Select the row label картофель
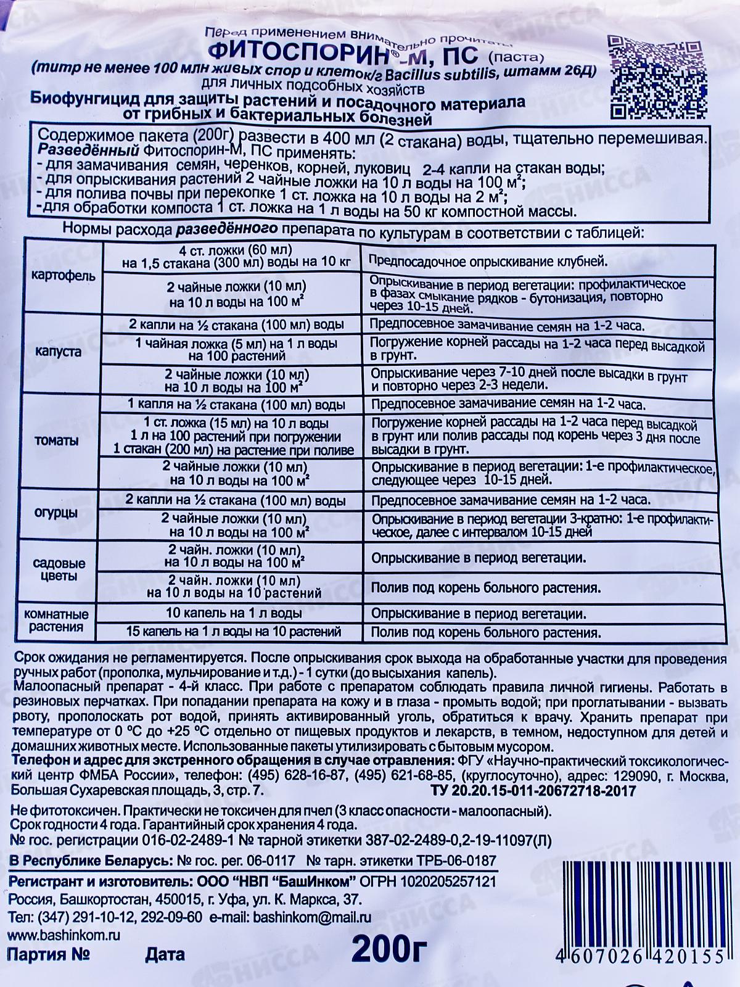[x=64, y=276]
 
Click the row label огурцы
[x=60, y=513]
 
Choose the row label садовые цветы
[x=59, y=569]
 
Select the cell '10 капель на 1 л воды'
[x=234, y=614]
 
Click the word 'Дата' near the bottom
[x=165, y=955]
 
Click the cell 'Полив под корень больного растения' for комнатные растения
[x=485, y=632]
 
